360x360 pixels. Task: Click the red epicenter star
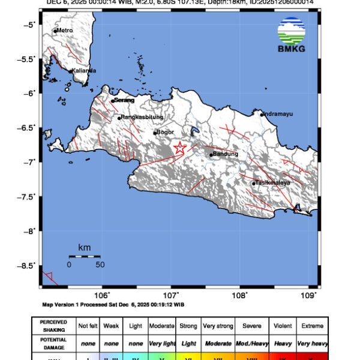coord(179,148)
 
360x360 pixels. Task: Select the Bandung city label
coord(226,154)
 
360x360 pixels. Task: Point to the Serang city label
coord(124,100)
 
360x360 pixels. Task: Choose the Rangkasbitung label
coord(142,118)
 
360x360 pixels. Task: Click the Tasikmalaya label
coord(272,182)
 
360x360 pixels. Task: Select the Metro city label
coord(64,31)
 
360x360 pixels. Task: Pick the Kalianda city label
coord(84,71)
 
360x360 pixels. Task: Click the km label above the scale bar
coord(84,247)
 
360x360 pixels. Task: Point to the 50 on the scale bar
coord(100,265)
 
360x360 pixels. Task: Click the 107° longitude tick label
coord(172,295)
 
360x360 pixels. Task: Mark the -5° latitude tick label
coord(30,25)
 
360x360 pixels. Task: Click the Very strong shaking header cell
coord(218,326)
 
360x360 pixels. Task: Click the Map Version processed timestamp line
coord(113,304)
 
